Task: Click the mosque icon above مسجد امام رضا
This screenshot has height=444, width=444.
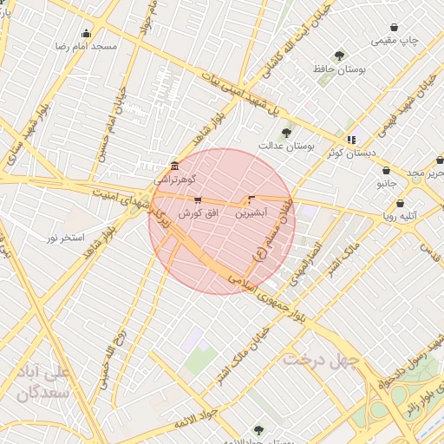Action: click(x=86, y=34)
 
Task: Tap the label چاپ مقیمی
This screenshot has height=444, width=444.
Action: click(x=395, y=40)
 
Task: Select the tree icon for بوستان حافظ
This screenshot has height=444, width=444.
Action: click(x=339, y=55)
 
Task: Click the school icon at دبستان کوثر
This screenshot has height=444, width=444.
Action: click(x=351, y=140)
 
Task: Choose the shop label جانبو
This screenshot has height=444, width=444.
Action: click(x=387, y=185)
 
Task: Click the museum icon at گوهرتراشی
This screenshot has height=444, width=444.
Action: click(x=176, y=166)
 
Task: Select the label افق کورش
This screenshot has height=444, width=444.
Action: click(x=197, y=212)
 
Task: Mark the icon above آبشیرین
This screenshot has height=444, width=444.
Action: click(x=251, y=199)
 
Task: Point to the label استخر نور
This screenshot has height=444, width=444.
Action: click(x=65, y=237)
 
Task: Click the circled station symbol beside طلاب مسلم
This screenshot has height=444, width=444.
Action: click(x=258, y=255)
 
